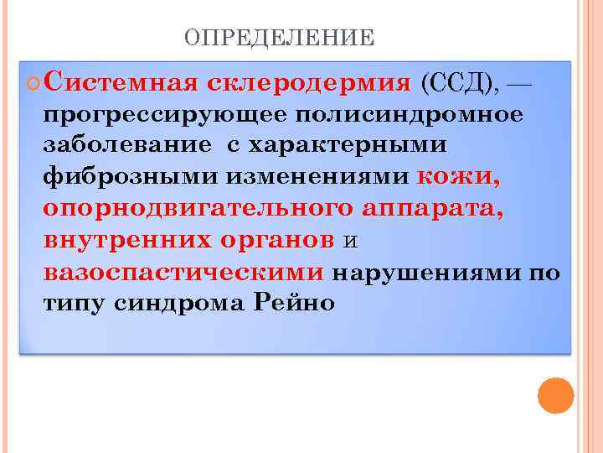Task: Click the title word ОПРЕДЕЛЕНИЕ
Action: point(279,38)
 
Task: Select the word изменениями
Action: point(311,177)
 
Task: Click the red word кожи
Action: point(460,177)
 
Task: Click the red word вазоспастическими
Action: point(183,273)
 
